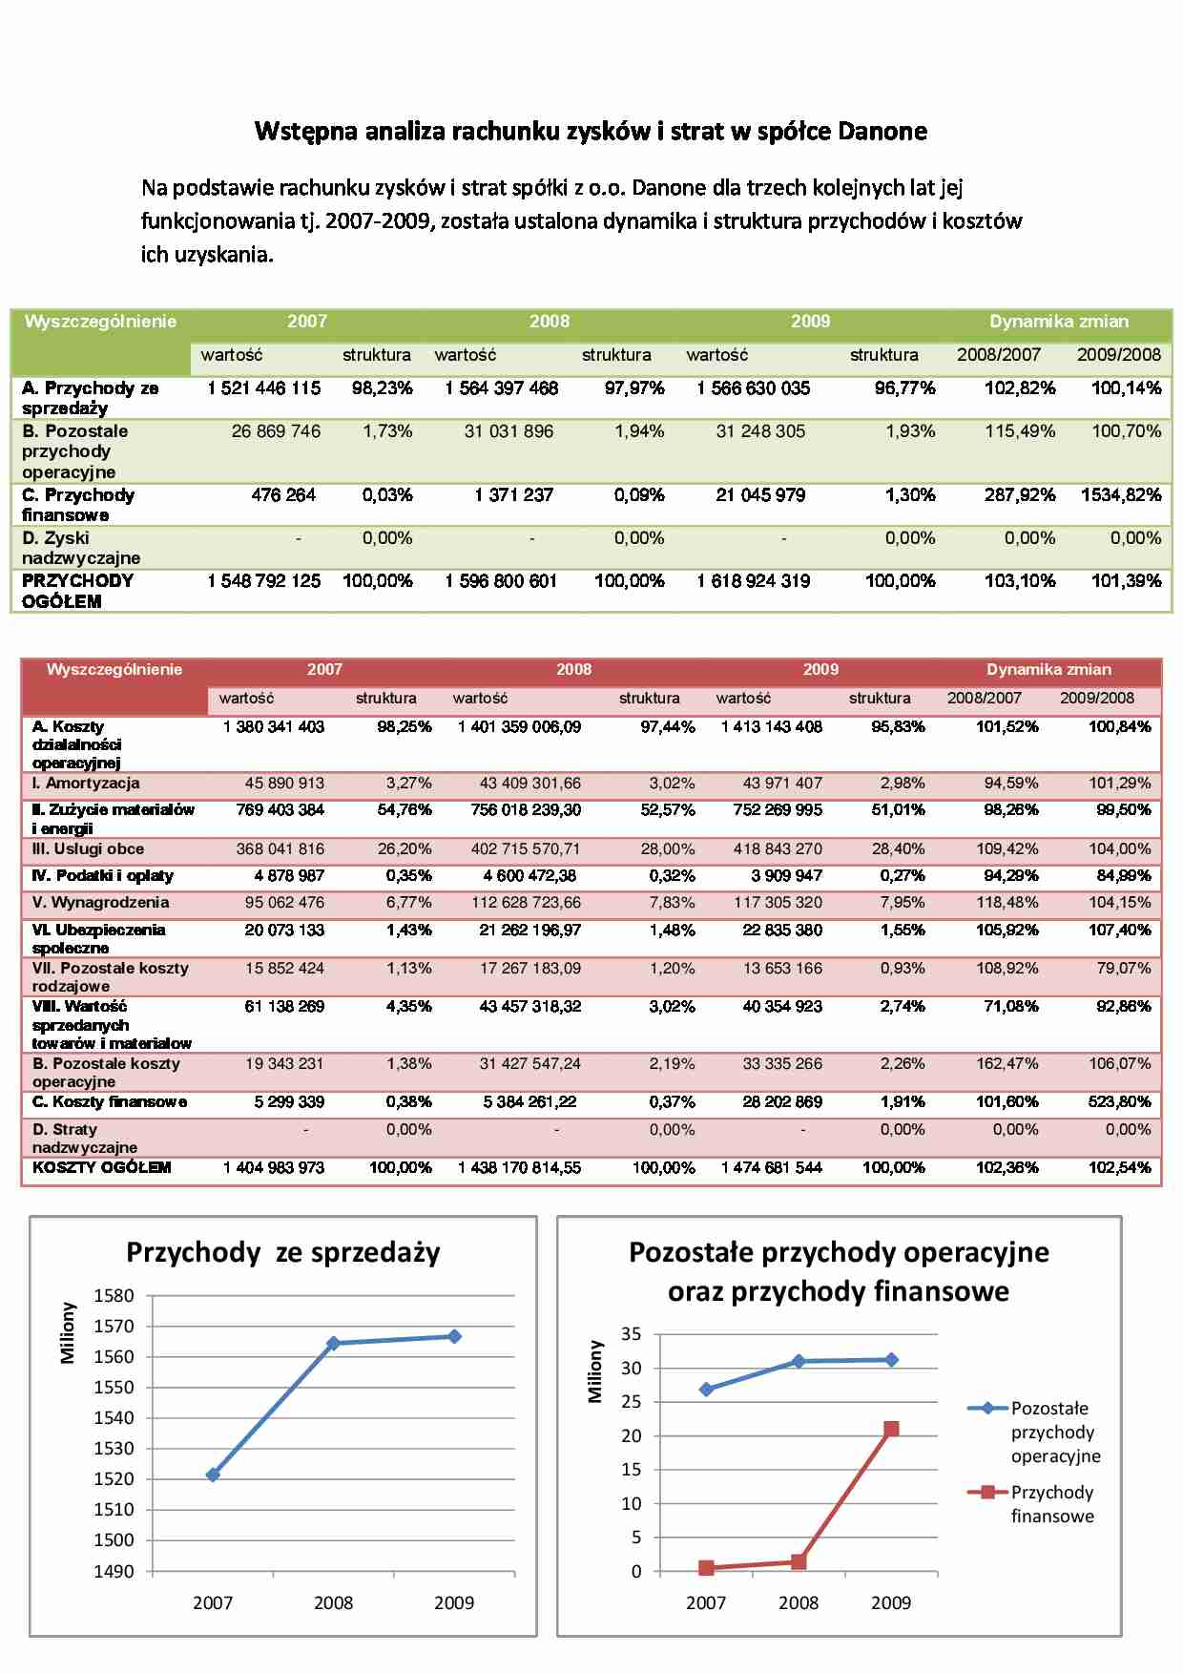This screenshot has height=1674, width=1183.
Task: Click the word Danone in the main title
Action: [x=882, y=132]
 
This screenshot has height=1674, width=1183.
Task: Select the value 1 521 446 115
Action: [x=264, y=388]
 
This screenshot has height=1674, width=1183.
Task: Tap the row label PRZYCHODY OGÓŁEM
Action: [x=77, y=591]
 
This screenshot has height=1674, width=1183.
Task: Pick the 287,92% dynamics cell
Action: [x=1020, y=495]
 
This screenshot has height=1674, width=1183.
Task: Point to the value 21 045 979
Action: [x=760, y=495]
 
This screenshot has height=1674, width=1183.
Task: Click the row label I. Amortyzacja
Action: [x=86, y=784]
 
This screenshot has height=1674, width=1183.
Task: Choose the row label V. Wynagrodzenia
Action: [x=100, y=903]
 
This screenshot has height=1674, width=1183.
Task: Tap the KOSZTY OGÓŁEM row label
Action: [x=101, y=1167]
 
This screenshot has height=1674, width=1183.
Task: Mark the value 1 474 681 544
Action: [x=772, y=1167]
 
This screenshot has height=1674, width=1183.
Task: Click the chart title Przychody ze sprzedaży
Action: [x=283, y=1252]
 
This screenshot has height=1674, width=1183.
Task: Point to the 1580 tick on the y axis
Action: [x=114, y=1296]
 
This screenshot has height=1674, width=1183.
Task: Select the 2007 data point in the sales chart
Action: [x=213, y=1475]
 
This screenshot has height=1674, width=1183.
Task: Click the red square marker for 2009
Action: [x=891, y=1429]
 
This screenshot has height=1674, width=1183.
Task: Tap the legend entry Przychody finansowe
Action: [x=1051, y=1504]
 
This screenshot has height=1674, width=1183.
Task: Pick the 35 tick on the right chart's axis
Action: [x=632, y=1334]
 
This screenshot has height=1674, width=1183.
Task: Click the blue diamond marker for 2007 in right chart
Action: [x=706, y=1390]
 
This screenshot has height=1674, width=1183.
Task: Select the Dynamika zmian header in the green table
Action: [x=1059, y=322]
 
